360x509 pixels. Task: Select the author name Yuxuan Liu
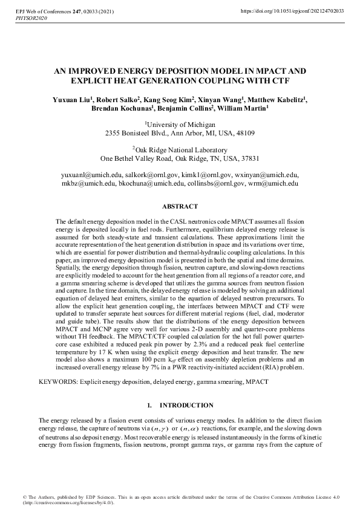73,100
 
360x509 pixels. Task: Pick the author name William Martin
243,109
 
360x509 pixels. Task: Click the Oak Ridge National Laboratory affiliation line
180,150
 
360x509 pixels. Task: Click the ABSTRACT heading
180,207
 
